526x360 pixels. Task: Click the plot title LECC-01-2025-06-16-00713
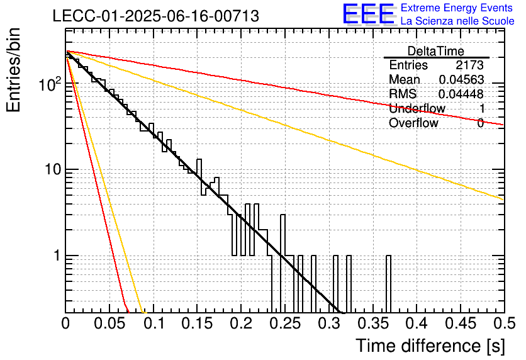(x=156, y=16)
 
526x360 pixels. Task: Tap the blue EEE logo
(x=368, y=14)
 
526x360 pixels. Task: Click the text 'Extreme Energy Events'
(x=457, y=8)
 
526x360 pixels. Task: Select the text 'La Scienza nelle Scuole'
(x=457, y=21)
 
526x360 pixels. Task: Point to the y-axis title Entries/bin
(x=14, y=70)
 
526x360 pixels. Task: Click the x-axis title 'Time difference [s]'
(x=430, y=346)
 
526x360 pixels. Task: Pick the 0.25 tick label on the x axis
(x=284, y=323)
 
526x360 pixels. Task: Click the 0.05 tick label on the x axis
(x=109, y=323)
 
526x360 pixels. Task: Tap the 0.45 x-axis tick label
(x=461, y=323)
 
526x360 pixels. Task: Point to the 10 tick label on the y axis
(x=53, y=170)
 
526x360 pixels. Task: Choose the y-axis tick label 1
(x=57, y=256)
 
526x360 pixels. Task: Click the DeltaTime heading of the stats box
(x=436, y=51)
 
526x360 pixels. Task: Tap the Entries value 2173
(x=469, y=65)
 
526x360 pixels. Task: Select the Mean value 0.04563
(x=461, y=79)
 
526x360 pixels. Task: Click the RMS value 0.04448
(x=461, y=94)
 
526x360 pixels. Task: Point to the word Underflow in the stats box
(x=417, y=108)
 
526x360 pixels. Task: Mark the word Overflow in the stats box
(x=413, y=123)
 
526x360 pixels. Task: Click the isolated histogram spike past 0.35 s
(x=388, y=284)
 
